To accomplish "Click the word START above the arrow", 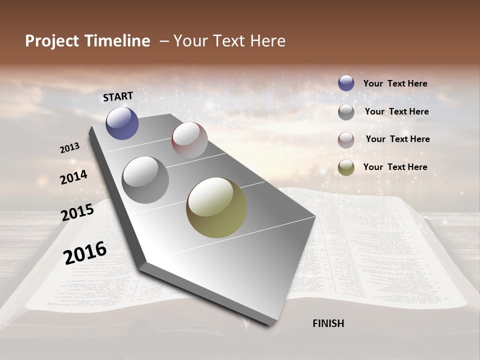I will pyautogui.click(x=118, y=96).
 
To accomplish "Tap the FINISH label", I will pyautogui.click(x=328, y=323).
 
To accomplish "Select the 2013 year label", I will pyautogui.click(x=70, y=148).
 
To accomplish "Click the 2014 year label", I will pyautogui.click(x=74, y=177).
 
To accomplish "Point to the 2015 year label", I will pyautogui.click(x=77, y=212).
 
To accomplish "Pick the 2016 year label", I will pyautogui.click(x=85, y=252).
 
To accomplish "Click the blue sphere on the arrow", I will pyautogui.click(x=122, y=123).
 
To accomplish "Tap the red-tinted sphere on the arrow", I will pyautogui.click(x=189, y=140).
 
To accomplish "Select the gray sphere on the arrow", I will pyautogui.click(x=145, y=179).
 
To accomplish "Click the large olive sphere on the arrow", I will pyautogui.click(x=216, y=207).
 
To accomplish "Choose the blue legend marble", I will pyautogui.click(x=346, y=83).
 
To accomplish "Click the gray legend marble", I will pyautogui.click(x=346, y=111).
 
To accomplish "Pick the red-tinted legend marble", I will pyautogui.click(x=346, y=139).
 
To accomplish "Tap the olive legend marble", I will pyautogui.click(x=346, y=167).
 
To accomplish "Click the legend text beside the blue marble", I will pyautogui.click(x=395, y=83).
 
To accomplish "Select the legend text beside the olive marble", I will pyautogui.click(x=395, y=167).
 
